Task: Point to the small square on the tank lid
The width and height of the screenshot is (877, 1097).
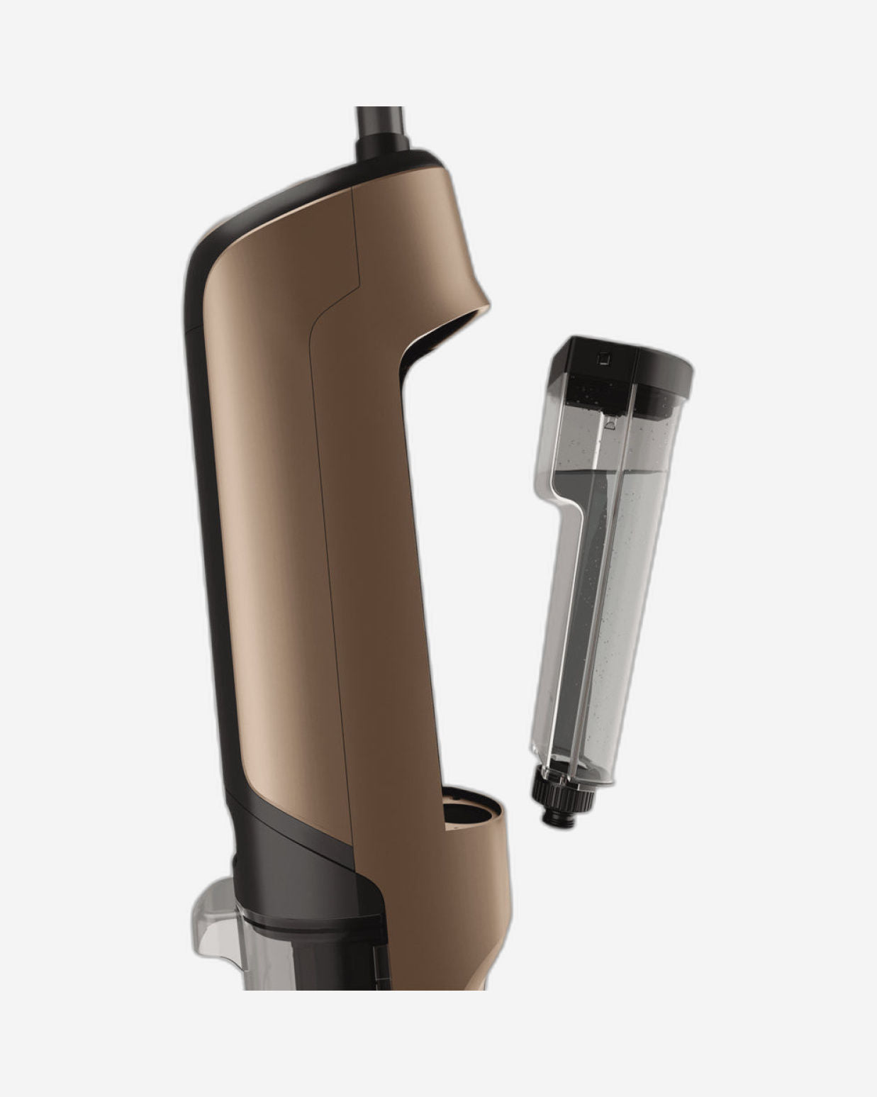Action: point(603,358)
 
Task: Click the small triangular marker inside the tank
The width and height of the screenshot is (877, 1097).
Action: point(608,426)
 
